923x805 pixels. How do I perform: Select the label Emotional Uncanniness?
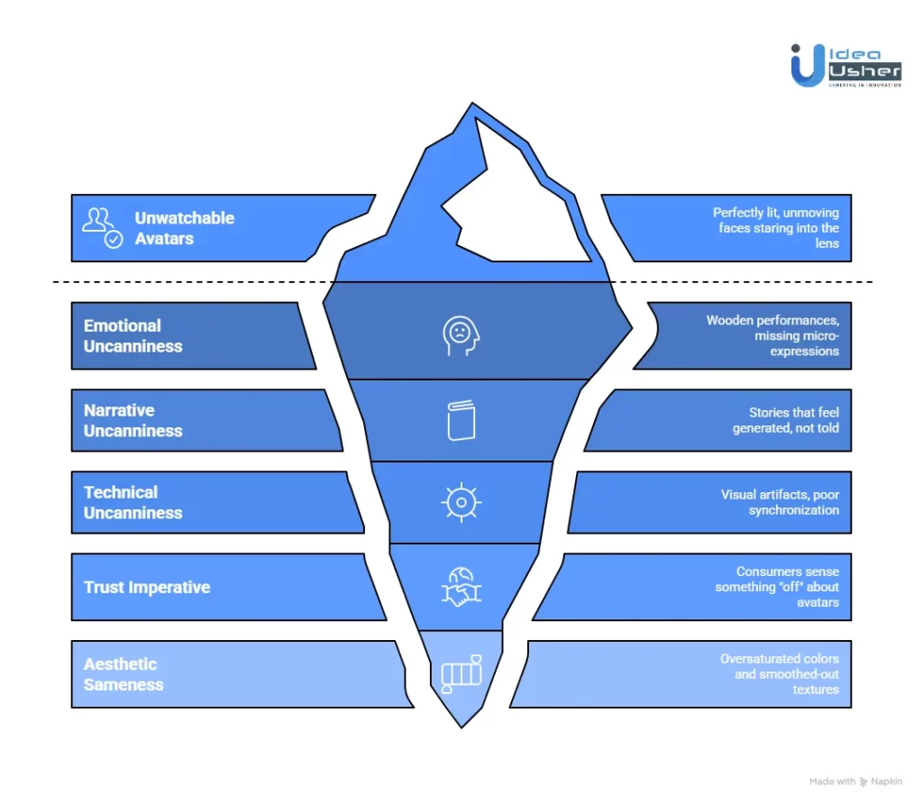point(133,335)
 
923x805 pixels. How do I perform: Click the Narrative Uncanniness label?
point(133,420)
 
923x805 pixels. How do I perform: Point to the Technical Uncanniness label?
point(133,502)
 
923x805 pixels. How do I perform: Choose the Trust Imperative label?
point(147,587)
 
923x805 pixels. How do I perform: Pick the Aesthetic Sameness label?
point(123,674)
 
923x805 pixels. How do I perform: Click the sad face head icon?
point(461,334)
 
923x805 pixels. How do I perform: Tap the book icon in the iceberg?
point(461,420)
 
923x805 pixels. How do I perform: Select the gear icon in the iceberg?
point(461,502)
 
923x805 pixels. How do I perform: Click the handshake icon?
point(461,587)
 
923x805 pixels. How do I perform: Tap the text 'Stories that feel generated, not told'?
point(785,420)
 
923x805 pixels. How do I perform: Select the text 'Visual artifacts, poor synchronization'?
point(780,502)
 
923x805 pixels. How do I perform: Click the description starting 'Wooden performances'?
point(772,335)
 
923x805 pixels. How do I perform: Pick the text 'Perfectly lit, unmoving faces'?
point(776,228)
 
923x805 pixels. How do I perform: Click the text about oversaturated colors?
point(779,674)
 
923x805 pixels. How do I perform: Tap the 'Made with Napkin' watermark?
point(855,782)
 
